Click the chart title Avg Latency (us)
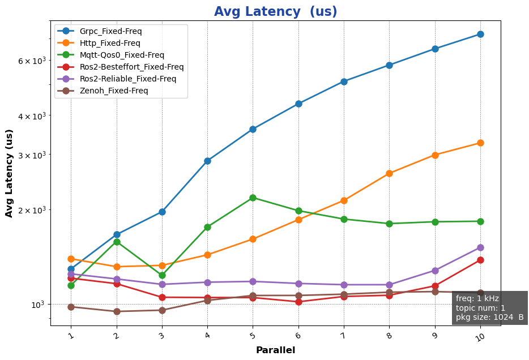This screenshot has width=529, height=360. pos(275,12)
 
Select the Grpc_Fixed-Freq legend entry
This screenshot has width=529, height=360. pos(110,31)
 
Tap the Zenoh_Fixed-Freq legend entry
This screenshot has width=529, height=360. pos(114,91)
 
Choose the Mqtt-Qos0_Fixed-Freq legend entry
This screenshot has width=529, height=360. pos(122,55)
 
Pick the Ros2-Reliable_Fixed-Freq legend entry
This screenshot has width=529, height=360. pos(127,79)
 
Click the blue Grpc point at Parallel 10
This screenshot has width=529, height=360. pos(480,35)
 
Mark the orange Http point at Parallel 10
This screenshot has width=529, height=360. pos(480,143)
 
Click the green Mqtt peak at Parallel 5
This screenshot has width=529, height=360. pos(253,198)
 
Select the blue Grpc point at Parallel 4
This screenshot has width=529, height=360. pos(207,161)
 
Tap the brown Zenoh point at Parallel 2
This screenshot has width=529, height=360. pos(117,311)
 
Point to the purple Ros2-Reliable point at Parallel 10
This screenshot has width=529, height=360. pos(480,247)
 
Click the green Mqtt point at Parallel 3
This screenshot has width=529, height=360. pos(162,275)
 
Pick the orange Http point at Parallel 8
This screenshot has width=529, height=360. pos(389,173)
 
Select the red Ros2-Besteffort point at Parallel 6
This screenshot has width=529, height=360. pos(298,302)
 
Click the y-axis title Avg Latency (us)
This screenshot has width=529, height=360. pos(9,173)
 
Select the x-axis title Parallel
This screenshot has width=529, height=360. pos(275,350)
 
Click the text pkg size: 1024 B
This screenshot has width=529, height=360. pos(489,318)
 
